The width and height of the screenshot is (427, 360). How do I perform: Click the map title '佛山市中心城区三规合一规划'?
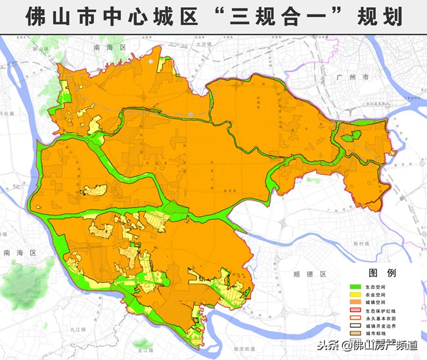click(213, 16)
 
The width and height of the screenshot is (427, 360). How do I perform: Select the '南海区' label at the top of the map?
click(109, 48)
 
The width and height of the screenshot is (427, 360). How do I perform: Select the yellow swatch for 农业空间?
click(356, 296)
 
